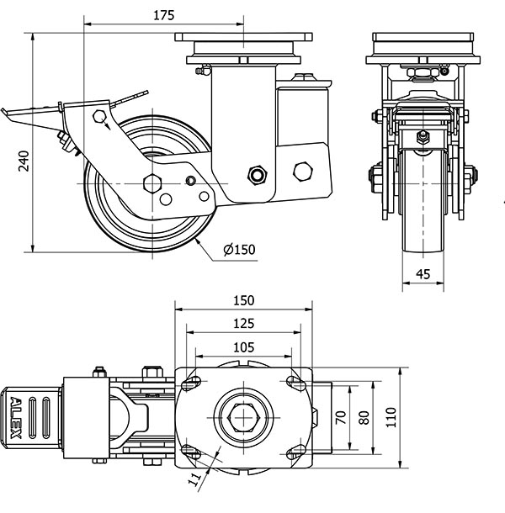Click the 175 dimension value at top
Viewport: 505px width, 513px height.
click(164, 14)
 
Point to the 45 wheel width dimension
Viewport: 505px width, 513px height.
click(423, 273)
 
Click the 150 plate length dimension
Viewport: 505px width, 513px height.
click(243, 301)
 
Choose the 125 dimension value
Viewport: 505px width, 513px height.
click(243, 322)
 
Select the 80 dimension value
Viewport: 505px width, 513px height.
click(364, 417)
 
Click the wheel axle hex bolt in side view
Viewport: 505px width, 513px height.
click(152, 183)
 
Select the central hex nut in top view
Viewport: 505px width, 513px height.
click(243, 417)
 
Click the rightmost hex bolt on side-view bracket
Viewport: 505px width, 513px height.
click(301, 172)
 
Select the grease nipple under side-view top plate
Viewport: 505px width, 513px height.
click(199, 71)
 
